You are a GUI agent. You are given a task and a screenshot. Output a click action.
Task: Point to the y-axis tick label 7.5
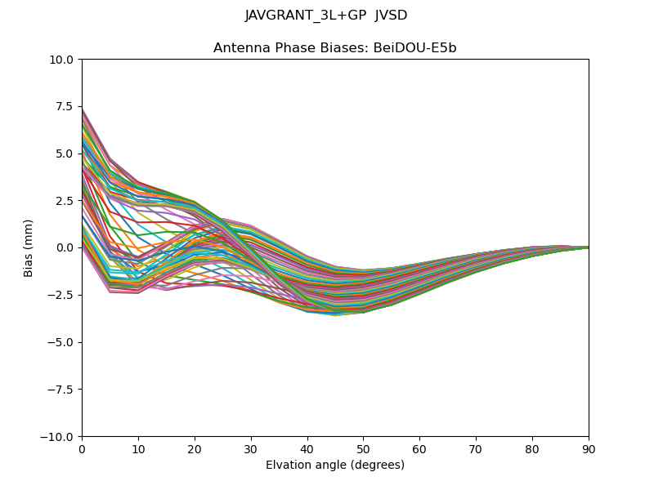click(65, 107)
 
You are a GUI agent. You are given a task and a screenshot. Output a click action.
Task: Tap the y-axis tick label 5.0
click(65, 154)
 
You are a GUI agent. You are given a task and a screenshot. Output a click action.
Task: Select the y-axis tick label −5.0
click(62, 342)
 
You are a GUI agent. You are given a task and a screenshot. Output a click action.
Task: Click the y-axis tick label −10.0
click(59, 437)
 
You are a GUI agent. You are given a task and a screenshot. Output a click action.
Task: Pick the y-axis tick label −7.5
click(62, 390)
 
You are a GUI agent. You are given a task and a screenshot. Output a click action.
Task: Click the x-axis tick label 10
click(138, 449)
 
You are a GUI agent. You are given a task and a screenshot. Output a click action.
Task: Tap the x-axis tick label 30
click(251, 449)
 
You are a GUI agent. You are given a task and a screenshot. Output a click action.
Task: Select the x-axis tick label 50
click(363, 449)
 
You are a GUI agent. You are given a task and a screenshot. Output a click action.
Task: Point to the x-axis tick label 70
click(476, 449)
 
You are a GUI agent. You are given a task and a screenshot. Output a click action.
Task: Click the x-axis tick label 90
click(589, 449)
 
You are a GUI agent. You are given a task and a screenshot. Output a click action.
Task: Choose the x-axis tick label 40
click(307, 449)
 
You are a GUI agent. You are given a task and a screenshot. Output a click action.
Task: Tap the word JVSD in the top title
click(391, 16)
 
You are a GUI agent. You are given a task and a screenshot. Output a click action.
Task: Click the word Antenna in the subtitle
click(238, 48)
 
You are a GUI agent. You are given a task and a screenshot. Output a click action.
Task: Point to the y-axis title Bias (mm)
click(29, 247)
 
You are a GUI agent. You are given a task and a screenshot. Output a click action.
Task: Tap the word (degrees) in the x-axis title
click(375, 465)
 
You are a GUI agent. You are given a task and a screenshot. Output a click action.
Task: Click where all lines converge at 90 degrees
click(588, 247)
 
